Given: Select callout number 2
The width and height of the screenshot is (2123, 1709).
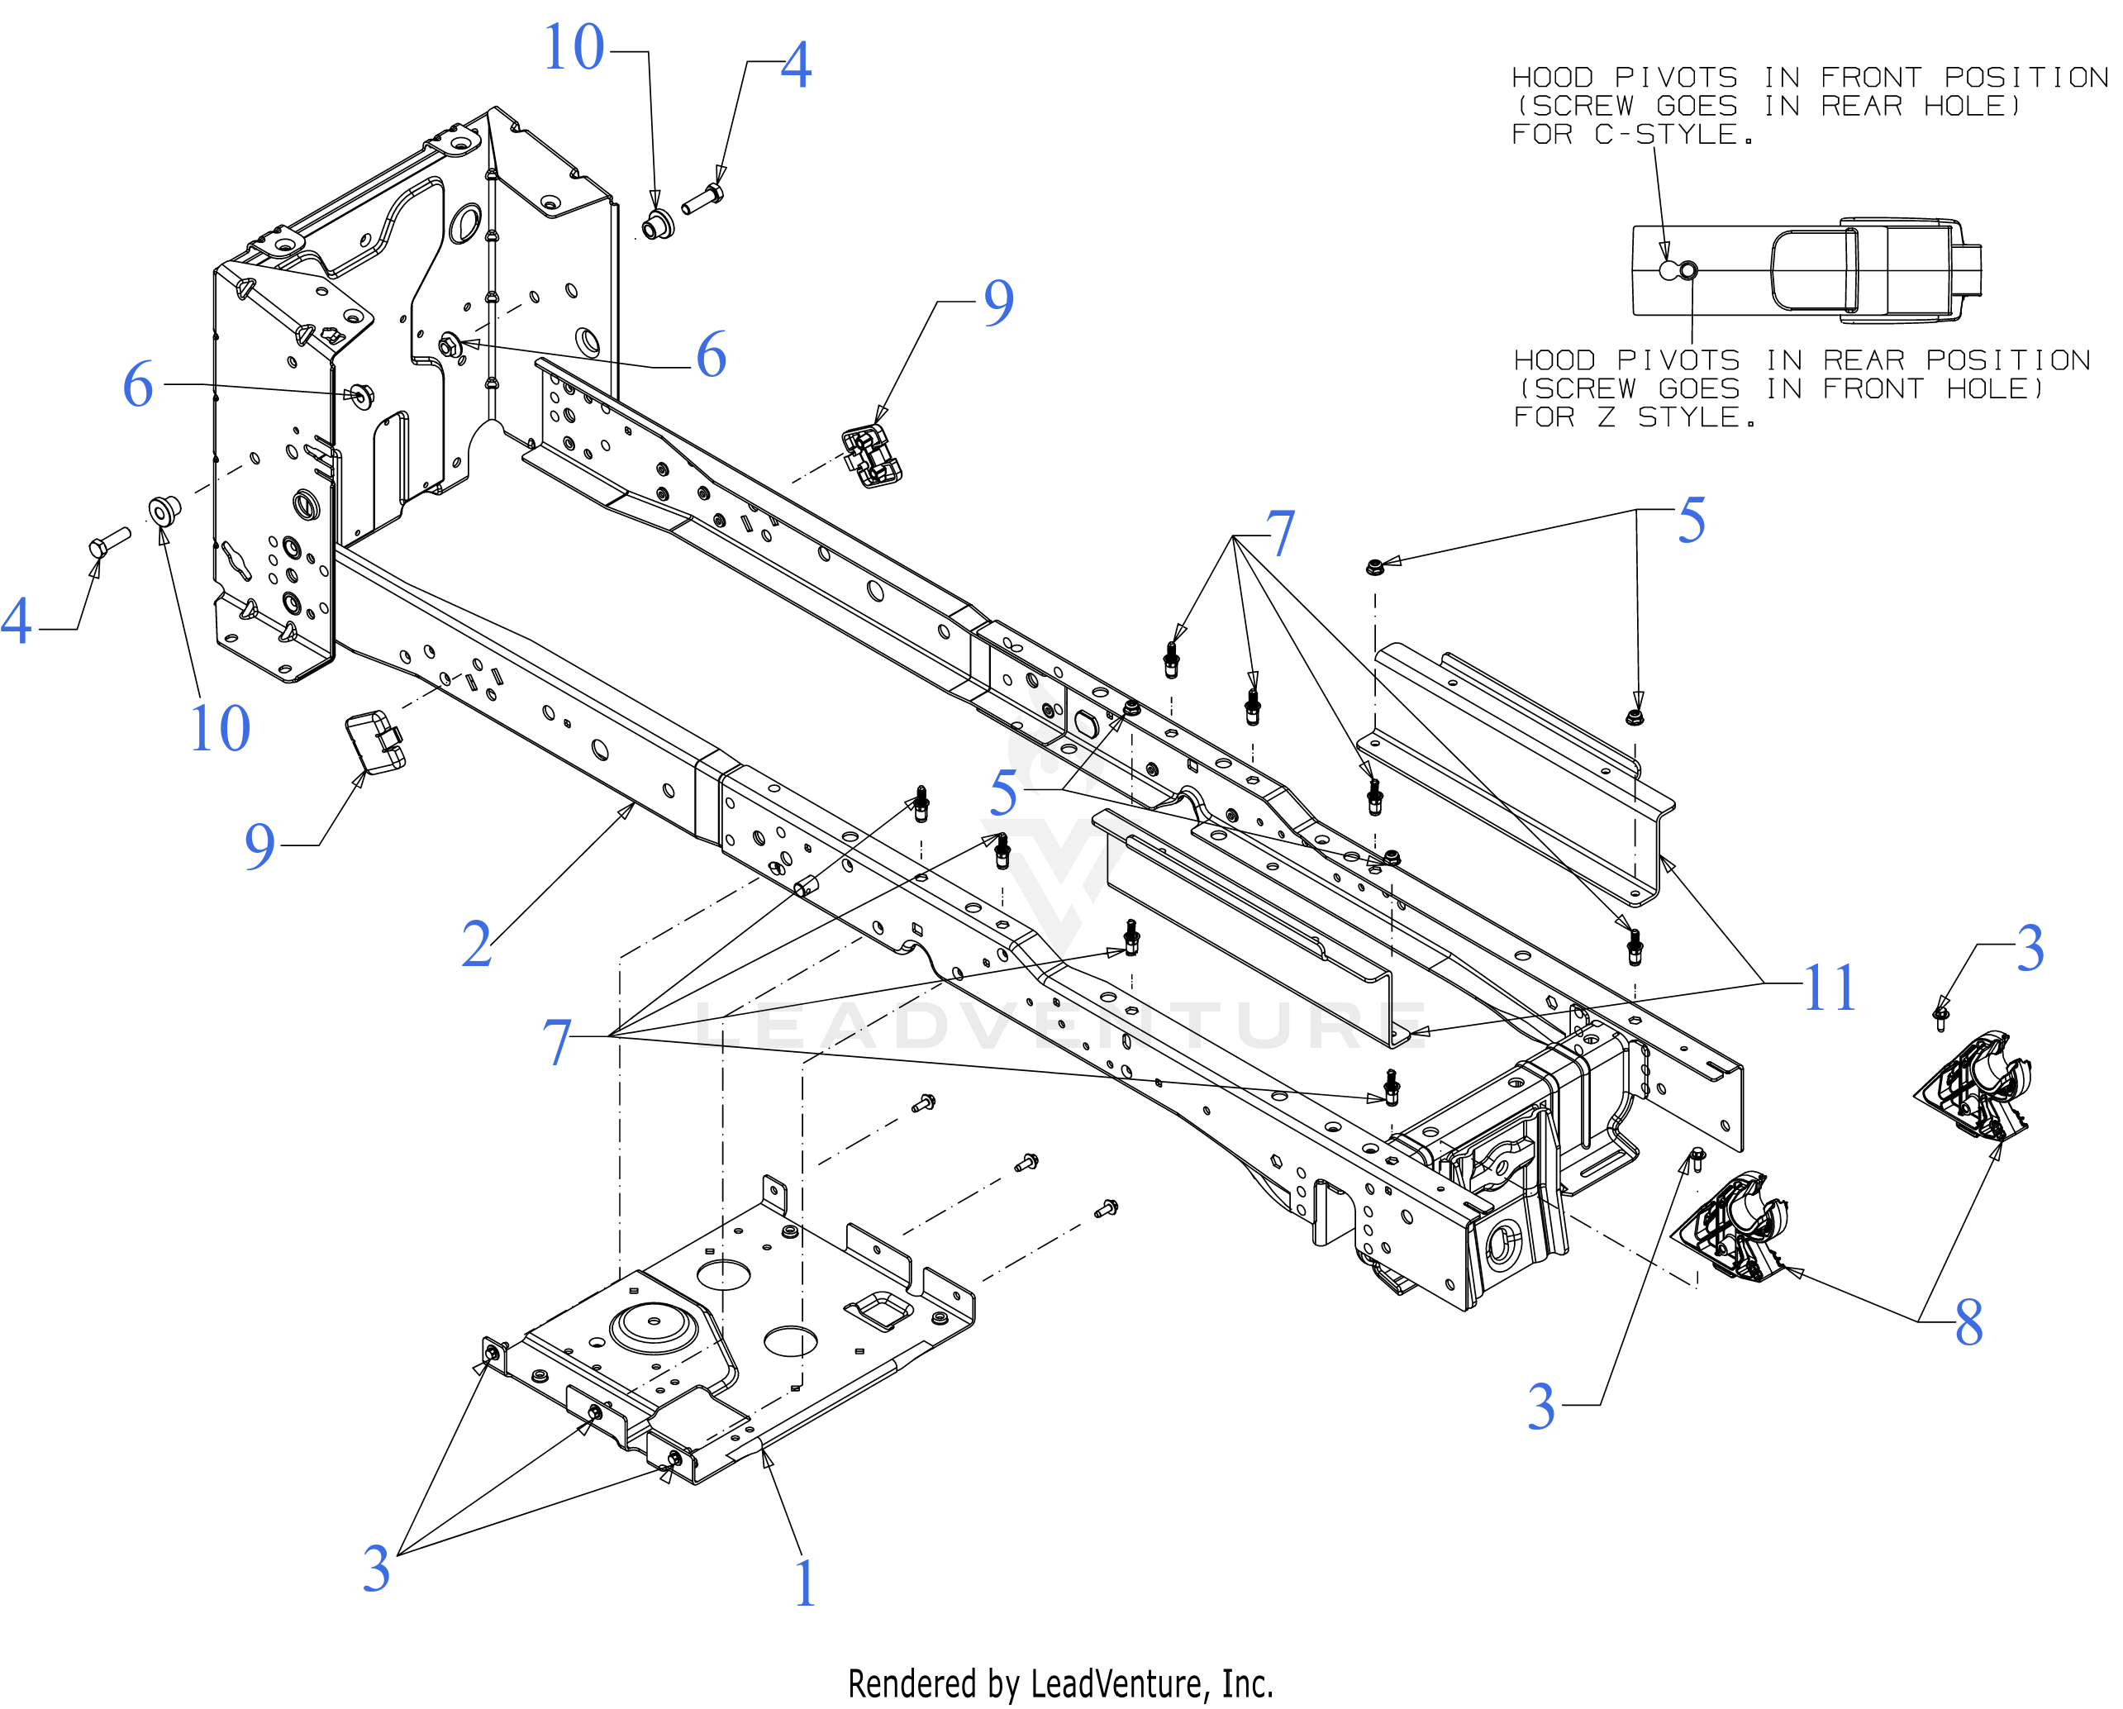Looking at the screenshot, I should [x=477, y=943].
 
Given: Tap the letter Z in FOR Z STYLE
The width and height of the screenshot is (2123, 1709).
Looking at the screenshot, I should [x=1606, y=417].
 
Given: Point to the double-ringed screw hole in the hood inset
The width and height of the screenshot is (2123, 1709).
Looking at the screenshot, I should [x=1687, y=269].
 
